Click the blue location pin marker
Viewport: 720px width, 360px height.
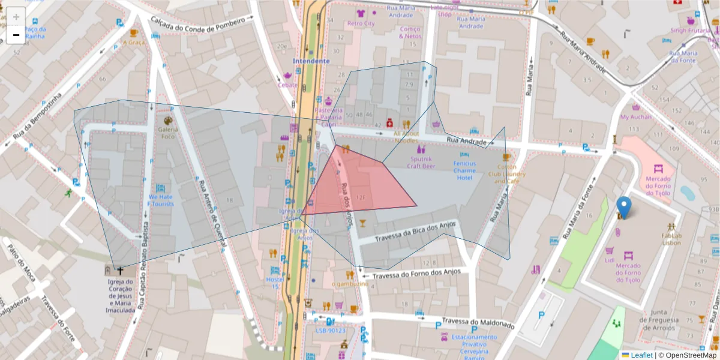tap(624, 207)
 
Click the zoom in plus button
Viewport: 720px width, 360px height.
tap(16, 17)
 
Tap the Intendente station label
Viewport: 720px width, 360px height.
tap(311, 61)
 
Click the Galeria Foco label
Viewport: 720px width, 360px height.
tap(167, 132)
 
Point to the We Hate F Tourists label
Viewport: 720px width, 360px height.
tap(161, 200)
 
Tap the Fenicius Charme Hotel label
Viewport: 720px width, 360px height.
tap(464, 170)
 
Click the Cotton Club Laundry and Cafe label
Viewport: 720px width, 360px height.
tap(506, 174)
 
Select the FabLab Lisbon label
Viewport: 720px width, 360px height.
tap(671, 239)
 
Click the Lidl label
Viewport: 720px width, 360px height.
tap(610, 260)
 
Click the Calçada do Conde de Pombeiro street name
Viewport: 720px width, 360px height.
tap(197, 28)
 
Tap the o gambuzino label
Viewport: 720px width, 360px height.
tap(349, 283)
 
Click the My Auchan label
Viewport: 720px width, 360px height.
tap(635, 117)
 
